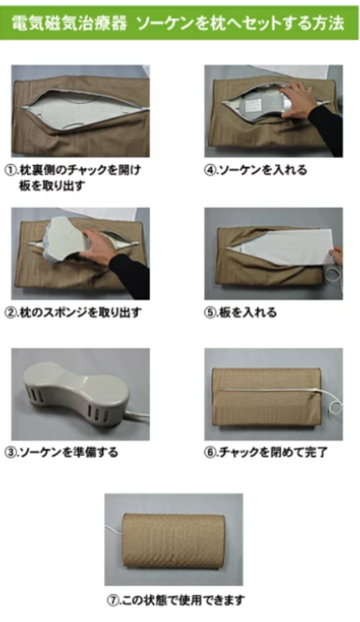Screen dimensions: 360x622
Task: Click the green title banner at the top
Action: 179,23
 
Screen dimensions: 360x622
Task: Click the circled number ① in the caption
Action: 10,170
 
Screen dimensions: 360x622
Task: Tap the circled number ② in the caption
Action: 10,313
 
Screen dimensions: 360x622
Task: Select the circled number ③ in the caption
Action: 10,452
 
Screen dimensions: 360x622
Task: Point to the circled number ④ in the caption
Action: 209,170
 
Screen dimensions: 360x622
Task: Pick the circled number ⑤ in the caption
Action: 209,313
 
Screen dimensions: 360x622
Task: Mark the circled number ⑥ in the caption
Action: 209,452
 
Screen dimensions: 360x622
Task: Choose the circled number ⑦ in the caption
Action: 112,600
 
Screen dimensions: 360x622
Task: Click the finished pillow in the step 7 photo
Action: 174,539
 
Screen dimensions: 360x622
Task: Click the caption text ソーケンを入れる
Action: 263,170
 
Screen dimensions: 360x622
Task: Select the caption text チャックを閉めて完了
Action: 273,452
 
